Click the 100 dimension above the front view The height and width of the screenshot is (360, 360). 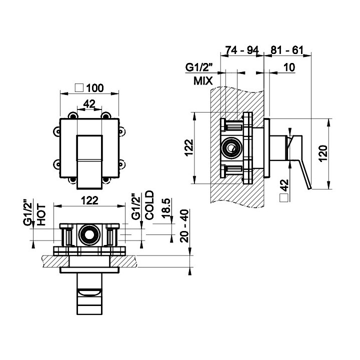pos(94,87)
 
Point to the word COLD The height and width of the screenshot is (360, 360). pos(149,205)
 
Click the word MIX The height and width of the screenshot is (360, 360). pos(202,80)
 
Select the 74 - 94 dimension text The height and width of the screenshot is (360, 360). pos(242,51)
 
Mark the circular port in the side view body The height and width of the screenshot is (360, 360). pos(231,148)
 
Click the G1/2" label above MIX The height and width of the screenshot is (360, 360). pos(198,67)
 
